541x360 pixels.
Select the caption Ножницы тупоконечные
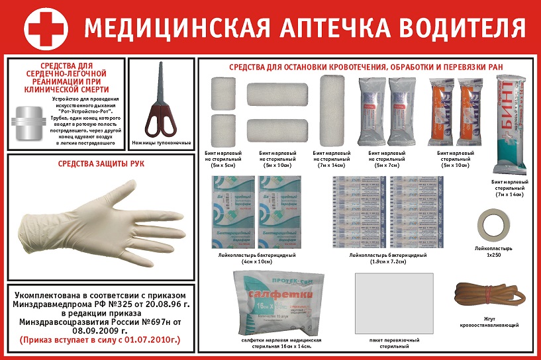(162, 143)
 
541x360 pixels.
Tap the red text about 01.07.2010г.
(100, 340)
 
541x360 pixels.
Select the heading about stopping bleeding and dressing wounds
(366, 67)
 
